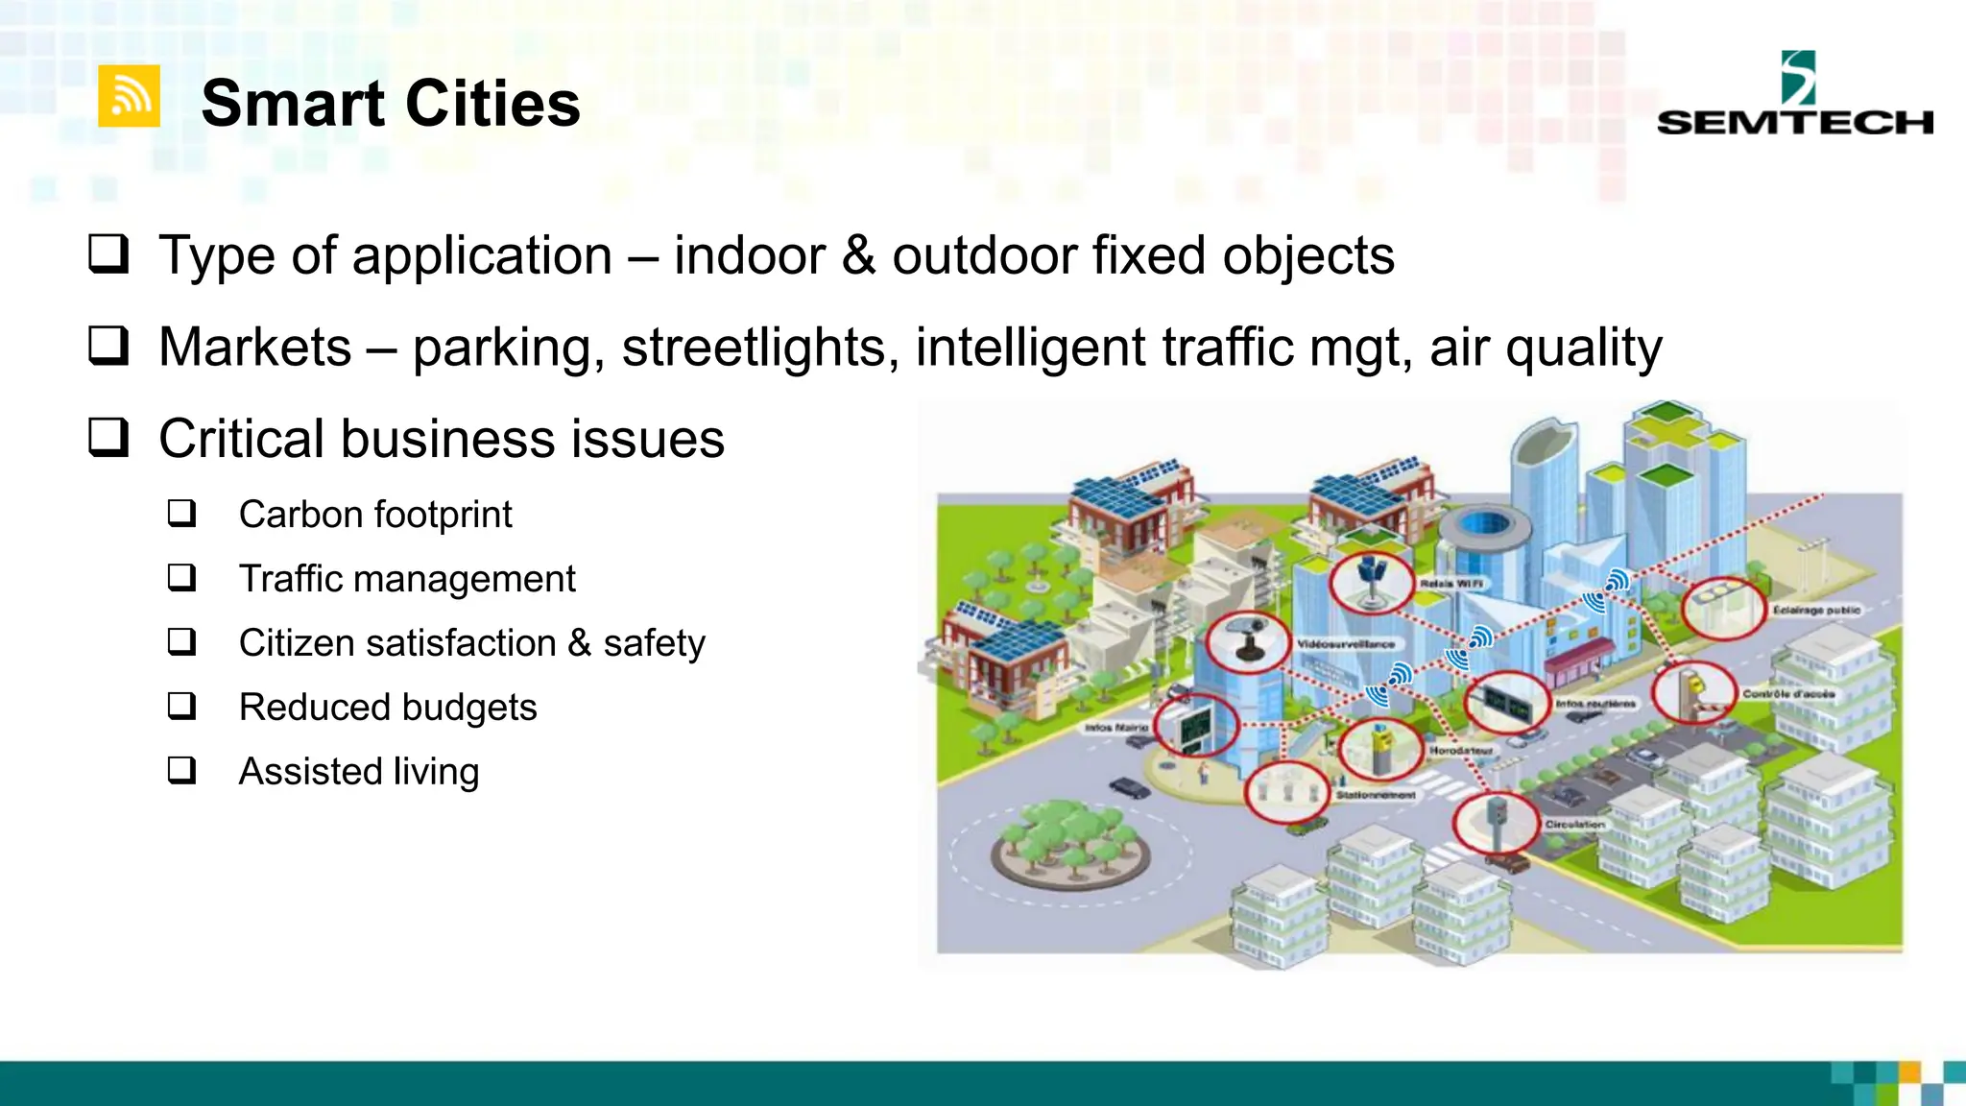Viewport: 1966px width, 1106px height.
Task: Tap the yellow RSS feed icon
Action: point(129,96)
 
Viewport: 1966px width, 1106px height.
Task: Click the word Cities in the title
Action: point(492,104)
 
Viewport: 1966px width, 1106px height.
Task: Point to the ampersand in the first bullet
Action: point(858,256)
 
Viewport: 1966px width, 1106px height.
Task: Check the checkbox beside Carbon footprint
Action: point(181,514)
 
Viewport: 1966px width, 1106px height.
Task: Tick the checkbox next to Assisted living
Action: point(181,771)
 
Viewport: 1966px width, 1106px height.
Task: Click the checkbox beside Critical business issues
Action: point(108,438)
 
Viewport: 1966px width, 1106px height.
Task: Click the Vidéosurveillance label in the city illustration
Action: point(1346,644)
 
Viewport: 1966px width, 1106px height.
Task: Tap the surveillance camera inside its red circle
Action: point(1247,641)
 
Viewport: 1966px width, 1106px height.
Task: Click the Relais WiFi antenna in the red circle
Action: point(1371,582)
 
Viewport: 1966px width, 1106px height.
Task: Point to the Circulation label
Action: point(1574,825)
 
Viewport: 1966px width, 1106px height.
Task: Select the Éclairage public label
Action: point(1816,610)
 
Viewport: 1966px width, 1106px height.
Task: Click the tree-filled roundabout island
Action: point(1069,845)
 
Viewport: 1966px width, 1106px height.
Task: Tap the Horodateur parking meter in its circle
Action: point(1379,748)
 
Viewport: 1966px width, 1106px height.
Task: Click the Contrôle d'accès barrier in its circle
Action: point(1693,693)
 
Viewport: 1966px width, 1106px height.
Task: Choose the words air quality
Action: point(1546,347)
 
